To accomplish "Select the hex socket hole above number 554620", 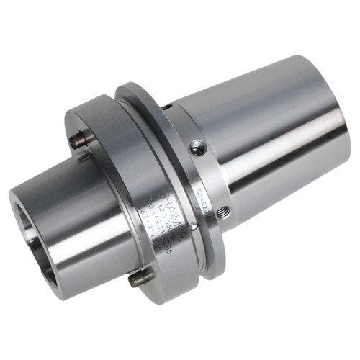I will [x=195, y=148].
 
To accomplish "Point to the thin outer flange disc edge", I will [x=216, y=245].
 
